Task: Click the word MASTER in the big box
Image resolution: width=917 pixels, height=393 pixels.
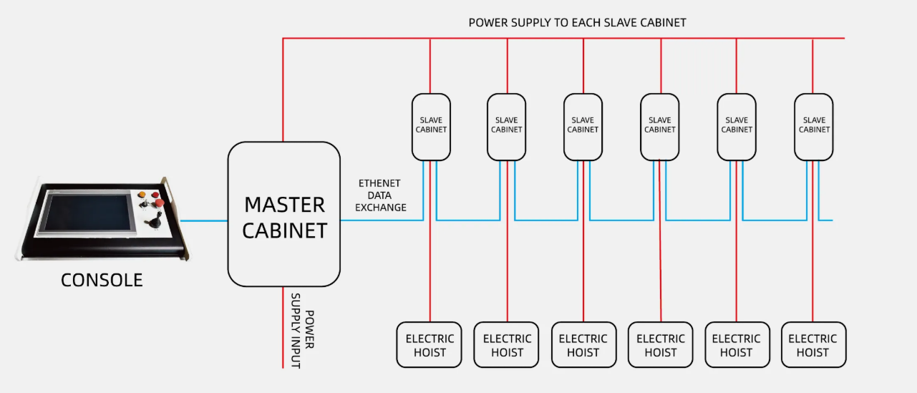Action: pyautogui.click(x=284, y=205)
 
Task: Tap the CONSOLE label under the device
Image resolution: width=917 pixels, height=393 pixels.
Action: pyautogui.click(x=102, y=281)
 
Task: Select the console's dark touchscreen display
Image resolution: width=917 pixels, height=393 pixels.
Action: pyautogui.click(x=87, y=213)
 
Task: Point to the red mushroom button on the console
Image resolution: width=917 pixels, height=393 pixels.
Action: pyautogui.click(x=160, y=202)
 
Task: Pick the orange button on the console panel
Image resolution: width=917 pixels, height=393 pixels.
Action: pyautogui.click(x=142, y=195)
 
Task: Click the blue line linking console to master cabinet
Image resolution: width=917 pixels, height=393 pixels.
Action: pyautogui.click(x=204, y=220)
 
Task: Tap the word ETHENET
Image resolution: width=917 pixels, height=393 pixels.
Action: pyautogui.click(x=379, y=183)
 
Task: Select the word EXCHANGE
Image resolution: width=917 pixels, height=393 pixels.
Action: pyautogui.click(x=381, y=208)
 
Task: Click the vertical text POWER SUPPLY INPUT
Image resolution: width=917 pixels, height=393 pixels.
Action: pyautogui.click(x=303, y=331)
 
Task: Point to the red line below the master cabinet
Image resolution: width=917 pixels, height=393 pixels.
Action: pyautogui.click(x=283, y=328)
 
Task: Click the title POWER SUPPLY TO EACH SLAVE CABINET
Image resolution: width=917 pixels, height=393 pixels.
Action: pyautogui.click(x=577, y=22)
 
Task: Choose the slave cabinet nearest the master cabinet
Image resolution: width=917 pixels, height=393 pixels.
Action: pyautogui.click(x=431, y=127)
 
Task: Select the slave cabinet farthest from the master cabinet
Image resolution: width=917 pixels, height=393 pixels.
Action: pyautogui.click(x=814, y=127)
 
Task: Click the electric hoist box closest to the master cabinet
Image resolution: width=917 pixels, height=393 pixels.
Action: pyautogui.click(x=429, y=345)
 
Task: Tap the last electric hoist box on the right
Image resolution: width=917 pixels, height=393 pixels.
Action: pyautogui.click(x=813, y=345)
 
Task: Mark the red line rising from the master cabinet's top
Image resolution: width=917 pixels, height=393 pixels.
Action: pyautogui.click(x=283, y=90)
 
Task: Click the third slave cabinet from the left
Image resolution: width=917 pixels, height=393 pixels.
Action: pyautogui.click(x=583, y=127)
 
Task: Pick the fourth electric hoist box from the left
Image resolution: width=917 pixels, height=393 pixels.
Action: pyautogui.click(x=660, y=345)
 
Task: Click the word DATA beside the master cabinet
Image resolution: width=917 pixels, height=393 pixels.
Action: pyautogui.click(x=379, y=195)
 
